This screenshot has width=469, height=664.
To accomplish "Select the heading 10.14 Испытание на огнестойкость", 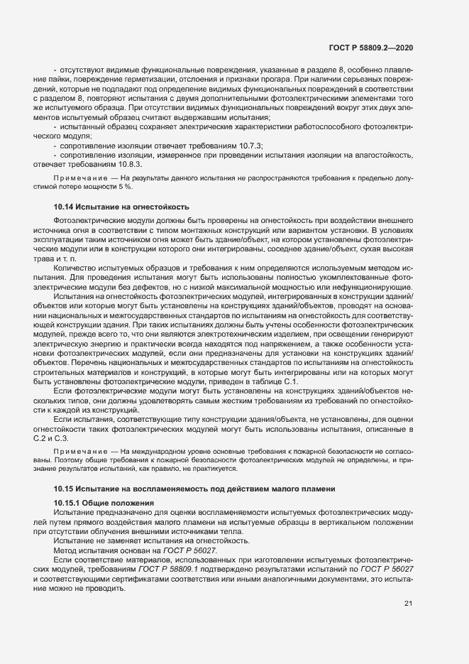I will [121, 207].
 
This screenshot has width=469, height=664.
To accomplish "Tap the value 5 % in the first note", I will [136, 187].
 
